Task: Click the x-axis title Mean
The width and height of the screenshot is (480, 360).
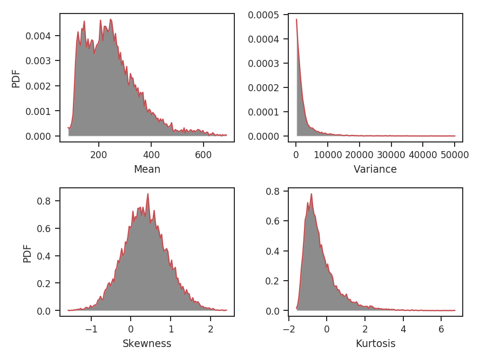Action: (x=147, y=169)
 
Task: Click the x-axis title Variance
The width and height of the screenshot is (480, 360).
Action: (x=375, y=169)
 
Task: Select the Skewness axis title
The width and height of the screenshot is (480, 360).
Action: (x=147, y=343)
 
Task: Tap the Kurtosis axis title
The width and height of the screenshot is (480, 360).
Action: (x=375, y=343)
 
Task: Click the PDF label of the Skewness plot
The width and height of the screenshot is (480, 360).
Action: (x=28, y=253)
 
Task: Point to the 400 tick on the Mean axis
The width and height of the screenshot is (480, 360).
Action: (x=151, y=153)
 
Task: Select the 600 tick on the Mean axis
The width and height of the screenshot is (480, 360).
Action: (x=204, y=153)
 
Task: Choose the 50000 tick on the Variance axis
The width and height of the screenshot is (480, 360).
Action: (x=455, y=153)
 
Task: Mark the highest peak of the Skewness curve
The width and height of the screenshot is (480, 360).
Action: (x=147, y=194)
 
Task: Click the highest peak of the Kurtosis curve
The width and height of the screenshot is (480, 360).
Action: (x=311, y=194)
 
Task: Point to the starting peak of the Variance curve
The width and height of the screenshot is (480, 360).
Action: (x=296, y=19)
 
